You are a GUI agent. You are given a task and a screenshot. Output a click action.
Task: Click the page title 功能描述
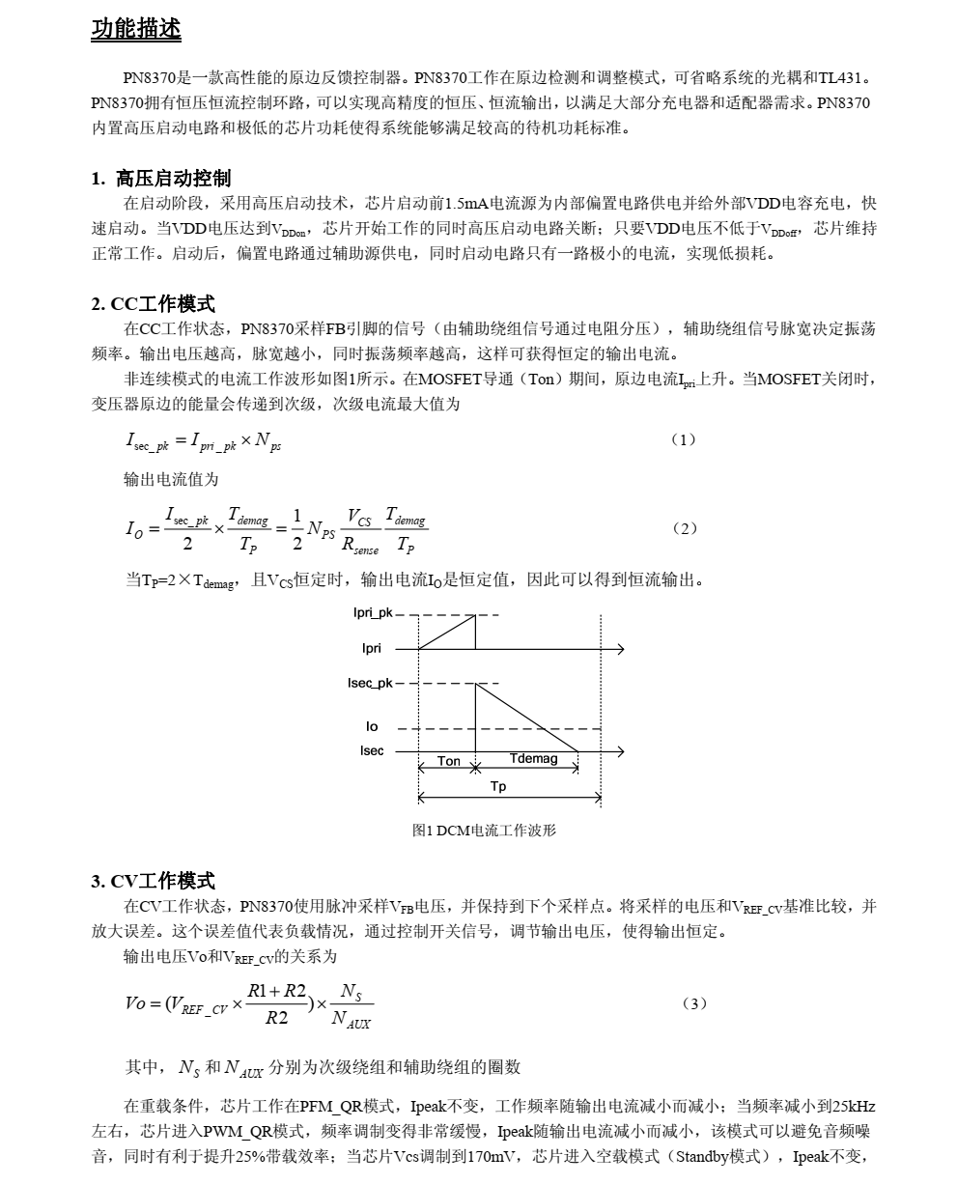click(135, 30)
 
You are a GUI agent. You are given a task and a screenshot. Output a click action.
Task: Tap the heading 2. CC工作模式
click(153, 304)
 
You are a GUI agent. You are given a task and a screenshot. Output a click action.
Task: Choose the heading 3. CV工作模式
click(153, 881)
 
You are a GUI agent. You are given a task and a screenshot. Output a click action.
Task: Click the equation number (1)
click(683, 440)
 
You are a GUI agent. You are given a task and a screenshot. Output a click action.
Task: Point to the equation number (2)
click(683, 528)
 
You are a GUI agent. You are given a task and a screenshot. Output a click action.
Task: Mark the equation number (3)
click(693, 1003)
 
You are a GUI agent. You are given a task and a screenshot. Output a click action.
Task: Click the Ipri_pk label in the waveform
click(373, 613)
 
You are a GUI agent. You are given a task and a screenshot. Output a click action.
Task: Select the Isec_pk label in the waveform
click(371, 683)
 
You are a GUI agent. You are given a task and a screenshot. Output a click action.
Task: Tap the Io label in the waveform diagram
click(372, 726)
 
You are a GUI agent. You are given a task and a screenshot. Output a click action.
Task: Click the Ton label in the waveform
click(449, 761)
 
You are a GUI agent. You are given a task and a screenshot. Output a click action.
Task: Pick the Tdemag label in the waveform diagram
click(533, 759)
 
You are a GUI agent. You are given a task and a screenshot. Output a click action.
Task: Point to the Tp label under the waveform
click(497, 787)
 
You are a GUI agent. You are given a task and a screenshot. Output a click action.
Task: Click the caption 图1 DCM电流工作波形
click(484, 831)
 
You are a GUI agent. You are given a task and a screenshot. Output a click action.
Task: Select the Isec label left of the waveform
click(372, 750)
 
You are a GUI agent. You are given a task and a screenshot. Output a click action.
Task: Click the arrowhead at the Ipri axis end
click(620, 649)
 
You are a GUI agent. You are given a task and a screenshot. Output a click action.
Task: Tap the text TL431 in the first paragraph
click(843, 78)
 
